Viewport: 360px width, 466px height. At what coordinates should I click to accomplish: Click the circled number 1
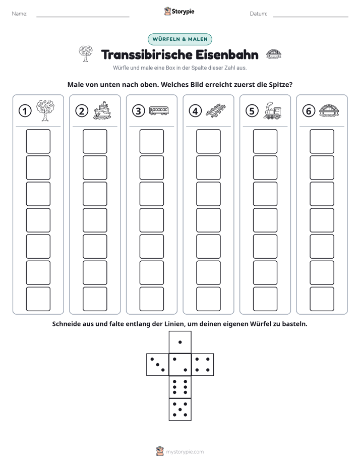(25, 111)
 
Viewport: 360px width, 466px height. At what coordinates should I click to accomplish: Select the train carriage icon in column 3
(159, 110)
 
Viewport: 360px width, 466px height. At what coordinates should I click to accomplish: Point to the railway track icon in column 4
(216, 110)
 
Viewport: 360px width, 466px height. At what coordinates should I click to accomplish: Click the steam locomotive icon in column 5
(272, 110)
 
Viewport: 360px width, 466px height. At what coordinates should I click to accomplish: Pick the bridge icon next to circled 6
(329, 110)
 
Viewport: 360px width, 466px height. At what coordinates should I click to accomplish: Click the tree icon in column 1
(45, 110)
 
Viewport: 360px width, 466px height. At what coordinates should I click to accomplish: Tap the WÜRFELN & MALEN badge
(180, 39)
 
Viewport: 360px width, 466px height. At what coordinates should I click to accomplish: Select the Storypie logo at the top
(179, 11)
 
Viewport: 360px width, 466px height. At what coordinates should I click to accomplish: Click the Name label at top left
(20, 14)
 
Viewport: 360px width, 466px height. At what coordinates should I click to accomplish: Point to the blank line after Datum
(311, 17)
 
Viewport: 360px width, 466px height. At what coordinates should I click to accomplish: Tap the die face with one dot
(180, 342)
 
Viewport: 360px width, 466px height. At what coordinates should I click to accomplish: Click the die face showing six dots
(180, 387)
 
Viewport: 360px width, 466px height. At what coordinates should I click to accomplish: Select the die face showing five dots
(180, 410)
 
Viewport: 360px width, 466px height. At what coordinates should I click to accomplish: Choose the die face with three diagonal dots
(158, 365)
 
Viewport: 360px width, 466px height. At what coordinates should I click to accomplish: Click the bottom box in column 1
(38, 299)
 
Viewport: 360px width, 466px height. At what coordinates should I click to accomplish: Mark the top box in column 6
(322, 141)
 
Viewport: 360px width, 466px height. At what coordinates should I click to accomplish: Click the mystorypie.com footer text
(185, 452)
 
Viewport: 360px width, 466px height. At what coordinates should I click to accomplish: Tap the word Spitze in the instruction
(280, 85)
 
